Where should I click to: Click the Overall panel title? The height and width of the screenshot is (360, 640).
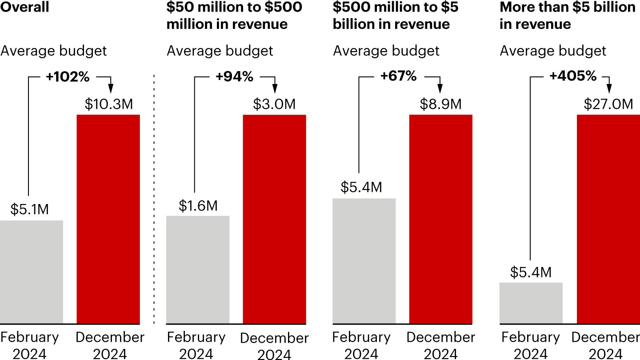click(x=25, y=7)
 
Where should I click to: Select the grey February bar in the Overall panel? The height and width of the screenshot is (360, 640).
click(x=32, y=272)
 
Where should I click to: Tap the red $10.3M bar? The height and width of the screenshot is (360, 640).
click(x=108, y=219)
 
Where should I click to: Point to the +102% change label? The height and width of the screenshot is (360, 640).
click(x=68, y=76)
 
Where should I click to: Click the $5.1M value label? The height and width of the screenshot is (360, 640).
click(x=29, y=209)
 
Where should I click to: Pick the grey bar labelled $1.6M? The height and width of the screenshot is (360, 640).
click(x=198, y=269)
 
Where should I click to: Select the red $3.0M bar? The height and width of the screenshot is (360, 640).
click(x=274, y=219)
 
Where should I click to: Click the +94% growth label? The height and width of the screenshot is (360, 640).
click(x=234, y=76)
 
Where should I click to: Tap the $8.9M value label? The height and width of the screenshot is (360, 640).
click(x=440, y=104)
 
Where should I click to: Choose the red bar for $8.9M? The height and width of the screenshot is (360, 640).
click(x=440, y=219)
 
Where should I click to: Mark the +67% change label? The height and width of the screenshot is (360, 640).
click(x=399, y=76)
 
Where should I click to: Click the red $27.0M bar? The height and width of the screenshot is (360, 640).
click(x=608, y=219)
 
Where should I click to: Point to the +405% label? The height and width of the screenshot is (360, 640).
click(x=573, y=76)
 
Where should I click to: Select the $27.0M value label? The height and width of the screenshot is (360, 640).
click(x=608, y=104)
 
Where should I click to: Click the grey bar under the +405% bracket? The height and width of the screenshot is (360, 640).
click(x=531, y=303)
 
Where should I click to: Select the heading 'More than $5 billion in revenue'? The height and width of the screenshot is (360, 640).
click(x=567, y=15)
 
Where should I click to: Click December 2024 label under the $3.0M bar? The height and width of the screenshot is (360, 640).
click(x=274, y=346)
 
